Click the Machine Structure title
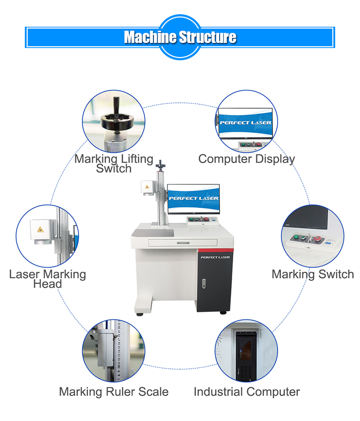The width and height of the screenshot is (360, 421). pyautogui.click(x=180, y=37)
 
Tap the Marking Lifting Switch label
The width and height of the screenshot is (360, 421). pyautogui.click(x=114, y=164)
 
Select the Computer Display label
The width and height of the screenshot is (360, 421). pyautogui.click(x=247, y=159)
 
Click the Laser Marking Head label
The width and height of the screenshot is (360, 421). pyautogui.click(x=47, y=279)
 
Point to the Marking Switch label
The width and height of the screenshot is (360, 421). pyautogui.click(x=313, y=274)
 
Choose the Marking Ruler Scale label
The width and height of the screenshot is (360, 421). pyautogui.click(x=114, y=391)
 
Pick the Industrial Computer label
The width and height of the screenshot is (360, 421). pyautogui.click(x=247, y=391)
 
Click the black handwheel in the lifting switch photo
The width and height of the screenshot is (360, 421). pyautogui.click(x=116, y=120)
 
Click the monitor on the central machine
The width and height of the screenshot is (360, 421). pyautogui.click(x=193, y=199)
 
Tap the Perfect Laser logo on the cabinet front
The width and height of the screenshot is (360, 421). pyautogui.click(x=215, y=257)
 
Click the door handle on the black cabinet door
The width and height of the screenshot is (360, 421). pyautogui.click(x=204, y=284)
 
